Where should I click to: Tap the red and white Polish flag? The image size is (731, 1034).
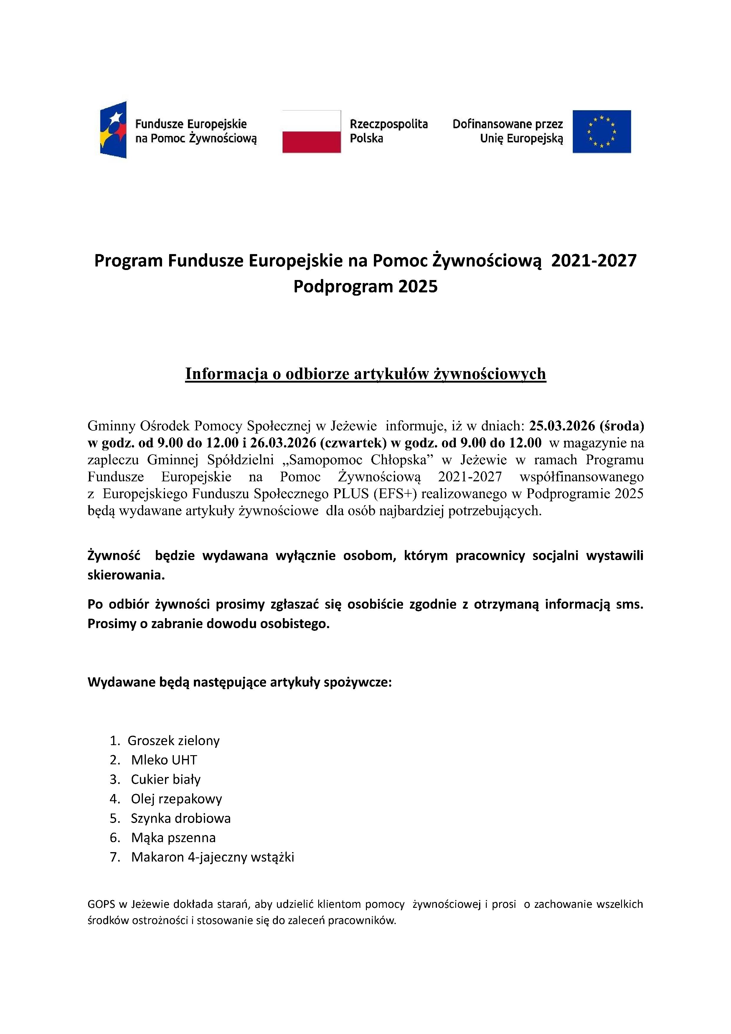point(311,131)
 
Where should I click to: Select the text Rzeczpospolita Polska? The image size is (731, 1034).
point(388,131)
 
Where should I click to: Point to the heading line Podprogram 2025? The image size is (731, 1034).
point(365,287)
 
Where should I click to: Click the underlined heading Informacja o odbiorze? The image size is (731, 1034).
point(365,374)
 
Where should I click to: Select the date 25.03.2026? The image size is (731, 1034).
point(562,426)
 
